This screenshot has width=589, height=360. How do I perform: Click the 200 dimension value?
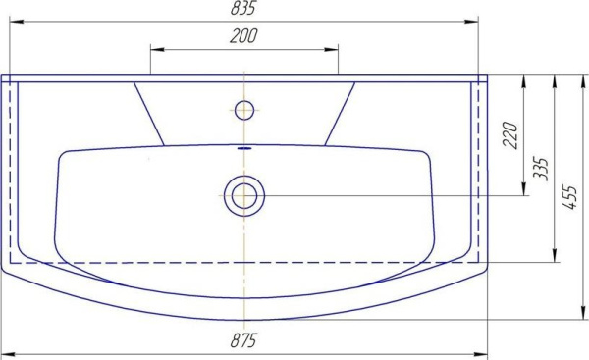(x=243, y=37)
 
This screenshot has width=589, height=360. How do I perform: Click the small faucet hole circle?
(x=244, y=107)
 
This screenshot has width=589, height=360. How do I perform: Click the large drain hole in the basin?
(x=243, y=195)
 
